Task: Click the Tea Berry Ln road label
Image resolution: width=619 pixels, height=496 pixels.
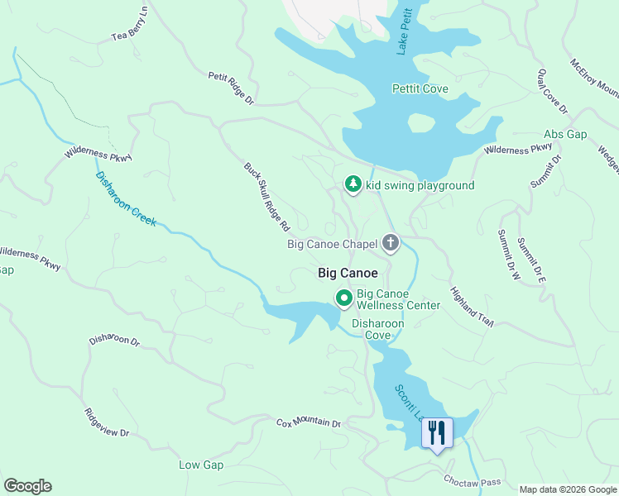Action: point(131,24)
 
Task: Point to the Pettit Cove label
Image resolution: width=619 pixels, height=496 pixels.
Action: point(420,88)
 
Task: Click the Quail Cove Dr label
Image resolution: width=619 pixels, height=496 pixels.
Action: point(552,92)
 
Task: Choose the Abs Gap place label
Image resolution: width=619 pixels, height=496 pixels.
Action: point(565,134)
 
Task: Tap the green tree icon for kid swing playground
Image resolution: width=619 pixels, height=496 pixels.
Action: point(353,184)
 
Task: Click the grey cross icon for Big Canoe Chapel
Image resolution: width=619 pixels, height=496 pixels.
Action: point(391,243)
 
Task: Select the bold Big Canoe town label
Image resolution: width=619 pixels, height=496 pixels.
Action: point(348,273)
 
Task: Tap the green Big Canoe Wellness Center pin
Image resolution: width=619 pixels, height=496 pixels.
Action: point(343,298)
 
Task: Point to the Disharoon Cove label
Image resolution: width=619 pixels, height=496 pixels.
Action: point(378,329)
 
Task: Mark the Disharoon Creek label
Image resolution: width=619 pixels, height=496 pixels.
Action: point(126,199)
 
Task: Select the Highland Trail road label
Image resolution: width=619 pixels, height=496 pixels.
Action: point(472,308)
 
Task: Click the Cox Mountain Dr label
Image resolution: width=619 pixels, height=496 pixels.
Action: point(308,422)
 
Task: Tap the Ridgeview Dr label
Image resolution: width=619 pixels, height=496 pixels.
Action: point(107,422)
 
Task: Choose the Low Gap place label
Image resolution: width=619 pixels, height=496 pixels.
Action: point(201,465)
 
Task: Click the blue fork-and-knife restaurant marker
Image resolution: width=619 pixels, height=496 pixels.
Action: point(437,432)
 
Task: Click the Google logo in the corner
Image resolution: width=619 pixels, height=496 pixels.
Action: point(27,486)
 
